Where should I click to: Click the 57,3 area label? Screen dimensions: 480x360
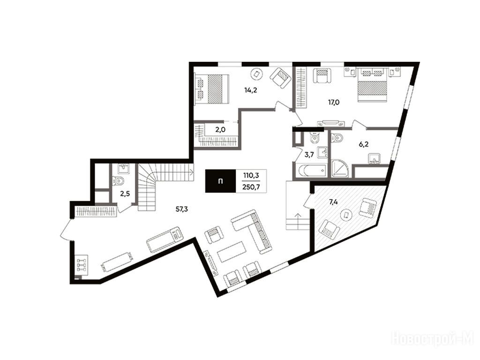pyautogui.click(x=181, y=210)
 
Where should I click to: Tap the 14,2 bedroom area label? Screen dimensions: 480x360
pyautogui.click(x=250, y=90)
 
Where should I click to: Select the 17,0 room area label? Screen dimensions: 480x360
pyautogui.click(x=334, y=102)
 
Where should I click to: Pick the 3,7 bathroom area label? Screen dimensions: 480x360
pyautogui.click(x=309, y=155)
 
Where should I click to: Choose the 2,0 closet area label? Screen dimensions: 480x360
pyautogui.click(x=220, y=129)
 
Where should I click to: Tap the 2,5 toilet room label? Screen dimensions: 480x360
pyautogui.click(x=124, y=194)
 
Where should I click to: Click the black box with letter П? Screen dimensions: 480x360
pyautogui.click(x=220, y=181)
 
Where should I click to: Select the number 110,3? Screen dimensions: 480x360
pyautogui.click(x=251, y=175)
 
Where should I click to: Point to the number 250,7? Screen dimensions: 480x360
pyautogui.click(x=251, y=187)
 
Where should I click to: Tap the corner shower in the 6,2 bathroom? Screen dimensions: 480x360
pyautogui.click(x=340, y=169)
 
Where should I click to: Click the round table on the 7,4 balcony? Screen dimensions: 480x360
pyautogui.click(x=346, y=215)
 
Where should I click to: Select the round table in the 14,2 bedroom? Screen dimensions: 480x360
pyautogui.click(x=256, y=74)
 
